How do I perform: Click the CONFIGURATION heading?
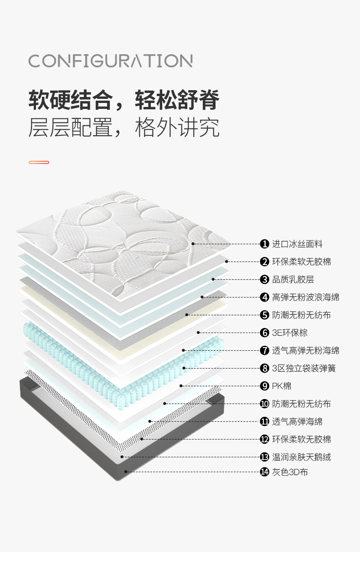[110, 61]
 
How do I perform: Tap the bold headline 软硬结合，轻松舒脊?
[124, 100]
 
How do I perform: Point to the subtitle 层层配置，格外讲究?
[124, 128]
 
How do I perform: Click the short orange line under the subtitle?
[39, 162]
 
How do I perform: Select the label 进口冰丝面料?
[297, 244]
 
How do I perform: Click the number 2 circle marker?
[264, 261]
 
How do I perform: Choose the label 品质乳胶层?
[293, 280]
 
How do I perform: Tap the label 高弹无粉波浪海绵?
[305, 297]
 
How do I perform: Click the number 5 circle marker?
[264, 315]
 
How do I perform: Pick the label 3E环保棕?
[290, 333]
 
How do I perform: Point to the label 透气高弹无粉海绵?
[305, 350]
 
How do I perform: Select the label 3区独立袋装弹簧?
[304, 368]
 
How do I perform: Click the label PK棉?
[282, 386]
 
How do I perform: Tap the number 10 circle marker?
[264, 404]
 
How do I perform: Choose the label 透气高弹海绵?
[297, 421]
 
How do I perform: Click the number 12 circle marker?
[264, 439]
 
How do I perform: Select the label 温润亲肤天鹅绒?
[301, 457]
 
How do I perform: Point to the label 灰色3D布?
[290, 472]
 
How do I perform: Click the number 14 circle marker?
[264, 472]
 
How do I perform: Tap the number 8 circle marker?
[264, 368]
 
